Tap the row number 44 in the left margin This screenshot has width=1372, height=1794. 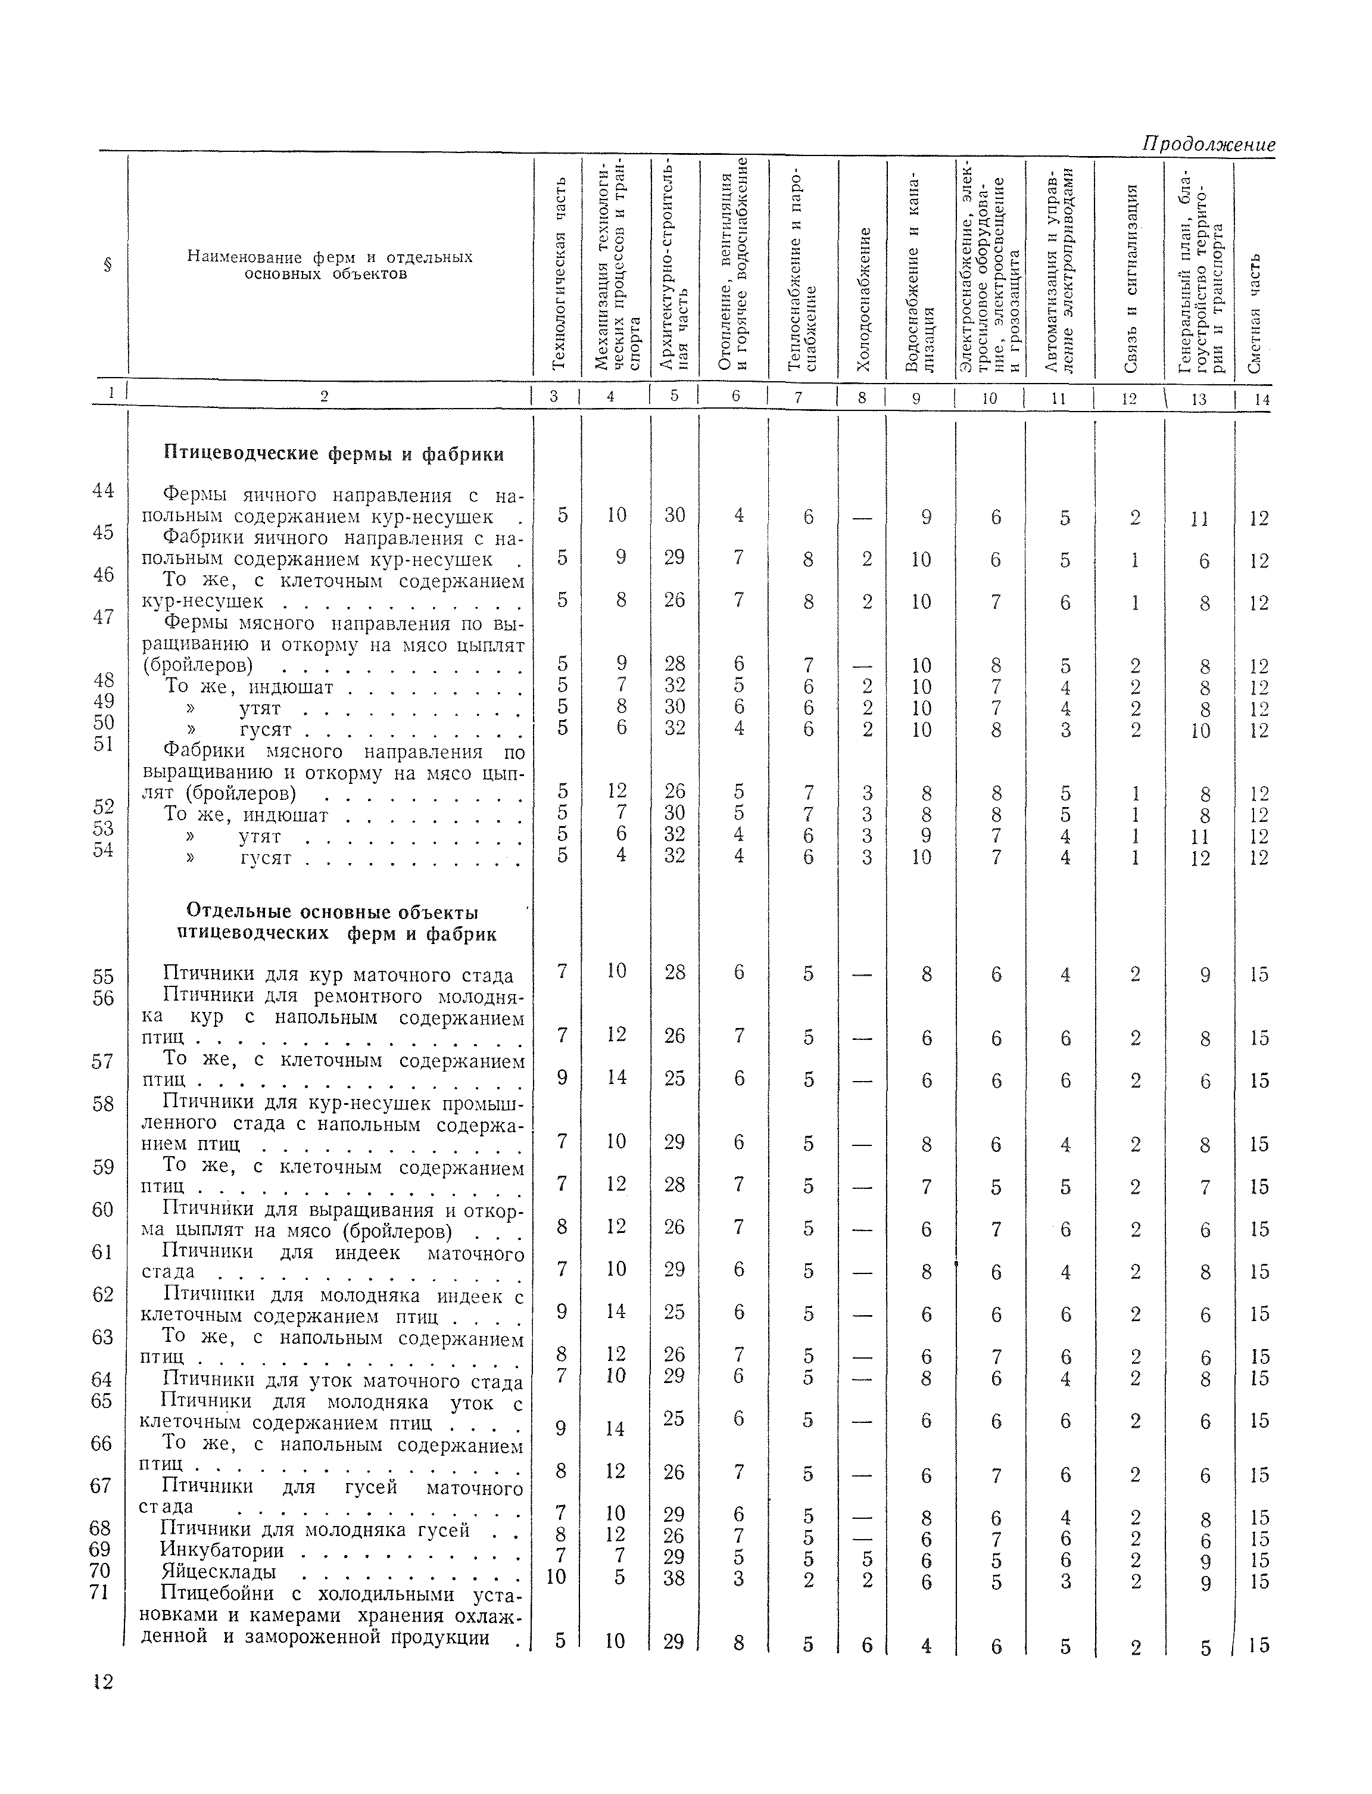103,491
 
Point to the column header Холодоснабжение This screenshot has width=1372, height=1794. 863,298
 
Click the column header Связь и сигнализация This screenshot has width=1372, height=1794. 1130,278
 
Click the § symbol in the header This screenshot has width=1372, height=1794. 107,264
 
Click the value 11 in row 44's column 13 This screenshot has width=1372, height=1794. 1199,519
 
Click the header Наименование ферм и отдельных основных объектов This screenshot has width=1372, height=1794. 330,264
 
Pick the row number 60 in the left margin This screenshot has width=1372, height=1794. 103,1209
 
